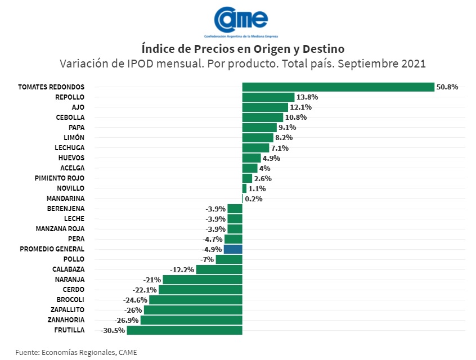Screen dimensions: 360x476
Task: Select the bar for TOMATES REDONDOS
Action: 338,87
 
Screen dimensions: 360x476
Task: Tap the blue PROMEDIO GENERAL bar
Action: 233,249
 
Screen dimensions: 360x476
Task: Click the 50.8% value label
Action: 447,87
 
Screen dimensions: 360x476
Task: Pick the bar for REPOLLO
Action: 268,97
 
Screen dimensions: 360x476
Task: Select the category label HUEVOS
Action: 71,158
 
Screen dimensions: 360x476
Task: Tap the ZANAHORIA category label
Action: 66,320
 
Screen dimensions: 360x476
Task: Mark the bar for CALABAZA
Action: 219,269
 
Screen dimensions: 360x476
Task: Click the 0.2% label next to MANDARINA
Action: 253,199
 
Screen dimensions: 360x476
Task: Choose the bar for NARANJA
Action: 203,280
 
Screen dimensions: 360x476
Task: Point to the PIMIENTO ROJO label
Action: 60,178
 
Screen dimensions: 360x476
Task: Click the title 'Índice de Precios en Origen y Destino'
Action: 243,48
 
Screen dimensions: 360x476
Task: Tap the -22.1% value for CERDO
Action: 145,290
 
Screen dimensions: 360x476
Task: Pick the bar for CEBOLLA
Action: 263,118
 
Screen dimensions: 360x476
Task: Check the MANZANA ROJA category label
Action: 60,229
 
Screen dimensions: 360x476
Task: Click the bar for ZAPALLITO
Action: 193,310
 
